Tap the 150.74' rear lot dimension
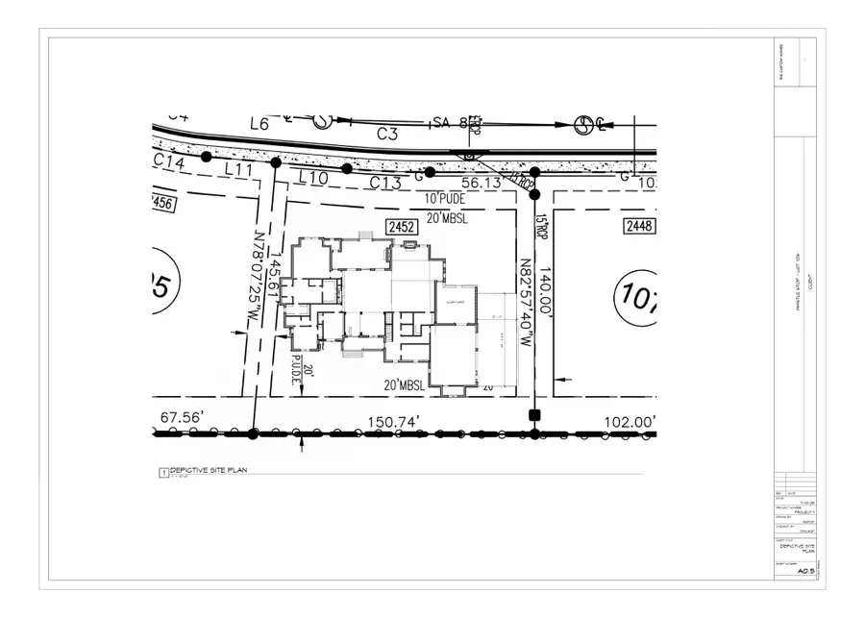click(396, 421)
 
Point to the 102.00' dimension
click(629, 421)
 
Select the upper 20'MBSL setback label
click(448, 219)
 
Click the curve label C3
click(387, 135)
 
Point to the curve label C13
click(385, 182)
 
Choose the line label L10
click(314, 178)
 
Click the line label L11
click(237, 169)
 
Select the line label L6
click(259, 124)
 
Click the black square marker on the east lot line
click(534, 415)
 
